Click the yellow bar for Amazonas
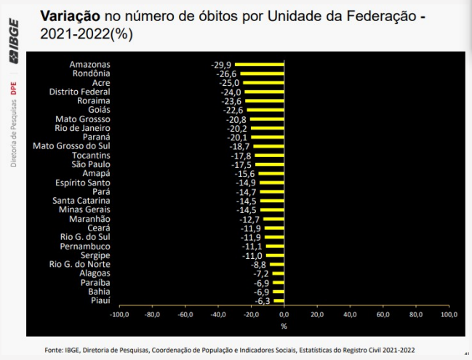260,65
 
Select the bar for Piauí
279,300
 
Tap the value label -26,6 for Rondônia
225,73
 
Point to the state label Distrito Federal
79,92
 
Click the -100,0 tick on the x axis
119,315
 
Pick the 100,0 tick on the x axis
449,315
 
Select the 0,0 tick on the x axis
284,315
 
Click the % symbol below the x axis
284,326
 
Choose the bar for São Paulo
269,164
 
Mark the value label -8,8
258,264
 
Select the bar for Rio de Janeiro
267,128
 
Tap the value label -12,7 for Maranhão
249,219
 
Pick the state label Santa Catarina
81,201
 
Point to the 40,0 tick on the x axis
350,315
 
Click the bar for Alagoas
278,273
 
